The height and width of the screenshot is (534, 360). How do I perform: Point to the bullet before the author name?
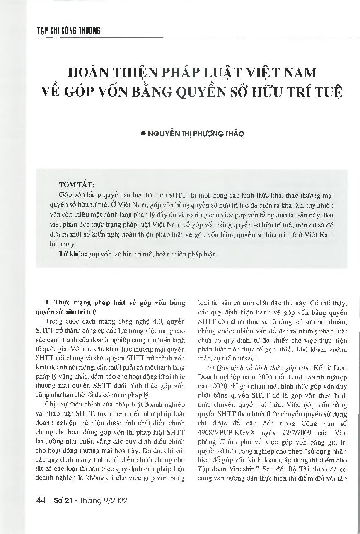[x=144, y=133]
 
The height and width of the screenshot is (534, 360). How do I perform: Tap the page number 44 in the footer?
[x=41, y=500]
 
